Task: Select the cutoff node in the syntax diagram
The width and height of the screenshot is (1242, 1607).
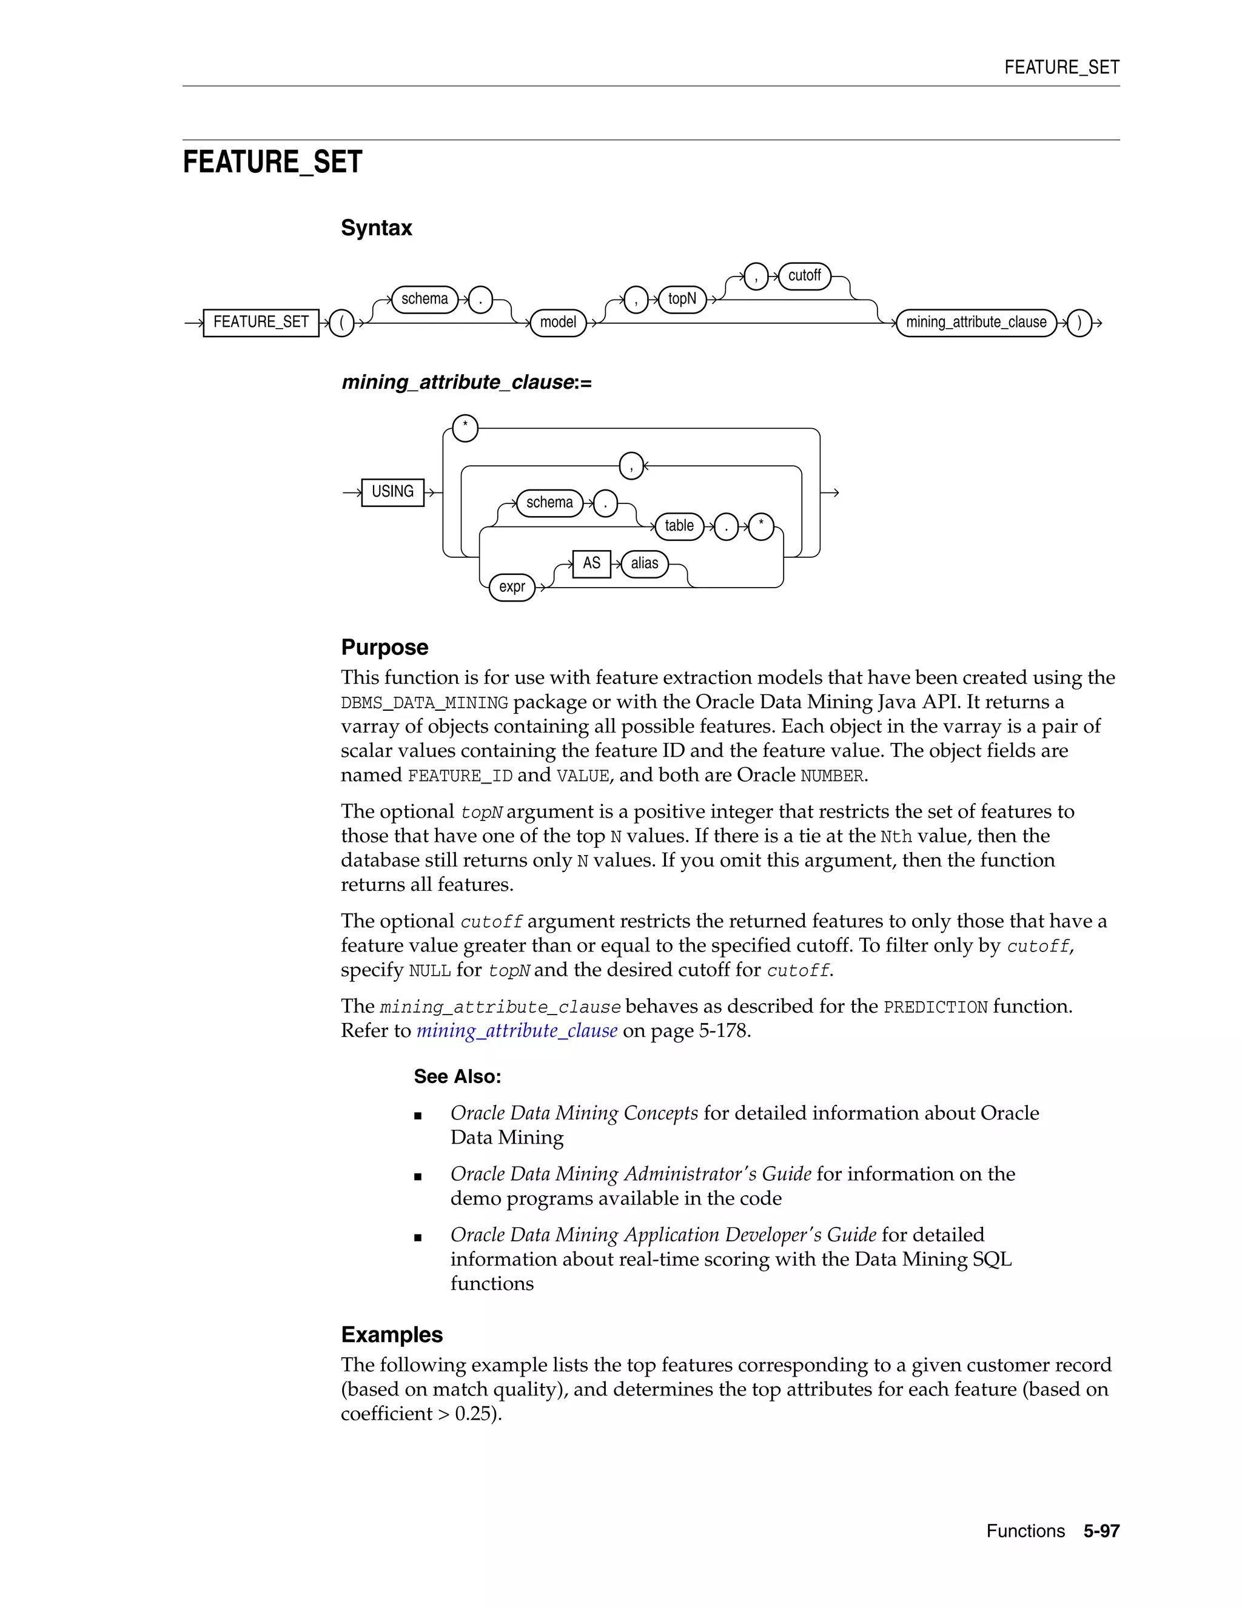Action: pos(804,276)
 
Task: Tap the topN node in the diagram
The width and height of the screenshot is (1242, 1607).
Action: pos(682,299)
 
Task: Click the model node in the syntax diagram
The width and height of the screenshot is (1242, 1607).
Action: pos(558,322)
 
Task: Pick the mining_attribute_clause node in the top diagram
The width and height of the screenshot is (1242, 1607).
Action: pos(976,322)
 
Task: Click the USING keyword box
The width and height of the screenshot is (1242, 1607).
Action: pos(392,492)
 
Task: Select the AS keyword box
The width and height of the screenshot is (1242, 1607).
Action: pos(591,563)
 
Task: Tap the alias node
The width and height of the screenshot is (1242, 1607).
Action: pos(645,563)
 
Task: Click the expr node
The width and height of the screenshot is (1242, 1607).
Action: pos(512,587)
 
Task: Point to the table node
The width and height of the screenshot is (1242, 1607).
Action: pos(679,526)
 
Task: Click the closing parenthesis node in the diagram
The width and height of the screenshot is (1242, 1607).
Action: pos(1079,322)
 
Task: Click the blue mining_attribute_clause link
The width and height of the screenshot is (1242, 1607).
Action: pos(517,1031)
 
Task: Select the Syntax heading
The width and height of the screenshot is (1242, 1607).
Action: pos(376,228)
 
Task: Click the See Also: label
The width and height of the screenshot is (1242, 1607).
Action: pos(457,1076)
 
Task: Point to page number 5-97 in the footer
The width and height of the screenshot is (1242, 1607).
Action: pos(1101,1531)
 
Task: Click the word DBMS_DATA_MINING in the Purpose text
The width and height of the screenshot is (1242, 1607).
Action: pos(425,703)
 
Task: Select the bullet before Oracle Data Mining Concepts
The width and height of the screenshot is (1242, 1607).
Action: pos(418,1115)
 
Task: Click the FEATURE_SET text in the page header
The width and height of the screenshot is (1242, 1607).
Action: pos(1061,68)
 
